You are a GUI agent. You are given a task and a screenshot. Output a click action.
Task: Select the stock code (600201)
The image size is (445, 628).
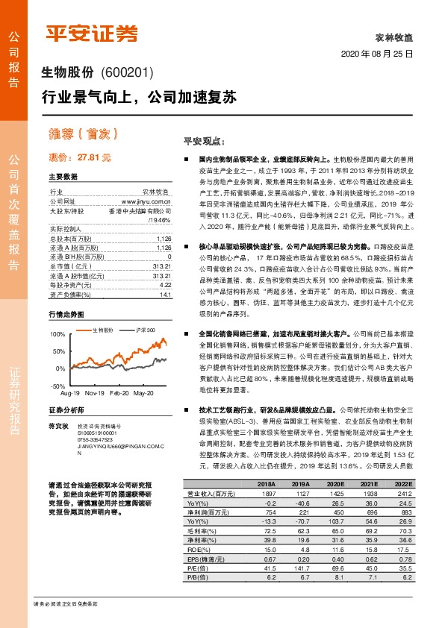click(x=126, y=72)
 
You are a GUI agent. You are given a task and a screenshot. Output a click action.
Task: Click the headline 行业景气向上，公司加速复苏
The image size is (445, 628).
click(x=139, y=97)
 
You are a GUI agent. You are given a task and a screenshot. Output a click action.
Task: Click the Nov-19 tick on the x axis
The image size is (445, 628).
click(x=95, y=392)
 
